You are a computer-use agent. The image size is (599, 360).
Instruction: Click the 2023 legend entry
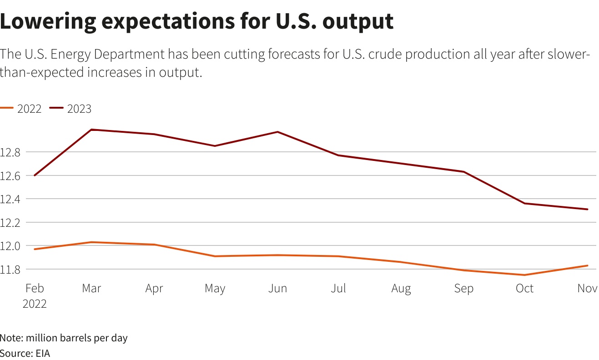(71, 109)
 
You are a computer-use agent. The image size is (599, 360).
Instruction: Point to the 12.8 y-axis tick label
(10, 152)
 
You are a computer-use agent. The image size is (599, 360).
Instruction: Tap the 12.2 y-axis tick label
(10, 223)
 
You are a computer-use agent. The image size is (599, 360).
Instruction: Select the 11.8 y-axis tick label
(10, 270)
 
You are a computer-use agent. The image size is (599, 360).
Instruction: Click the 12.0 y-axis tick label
(10, 246)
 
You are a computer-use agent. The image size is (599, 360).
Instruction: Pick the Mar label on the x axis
(92, 289)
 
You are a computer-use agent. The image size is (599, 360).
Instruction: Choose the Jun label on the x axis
(277, 289)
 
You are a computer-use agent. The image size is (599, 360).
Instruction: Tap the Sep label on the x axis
(463, 289)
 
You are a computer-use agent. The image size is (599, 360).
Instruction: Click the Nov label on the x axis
(587, 289)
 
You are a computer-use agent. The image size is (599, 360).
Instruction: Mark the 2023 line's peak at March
(92, 130)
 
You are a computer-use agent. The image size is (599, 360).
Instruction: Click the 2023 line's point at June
(277, 132)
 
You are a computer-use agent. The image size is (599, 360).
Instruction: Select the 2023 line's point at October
(525, 203)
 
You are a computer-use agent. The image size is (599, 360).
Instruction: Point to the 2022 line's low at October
(525, 275)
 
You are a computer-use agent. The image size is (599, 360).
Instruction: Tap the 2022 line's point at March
(92, 242)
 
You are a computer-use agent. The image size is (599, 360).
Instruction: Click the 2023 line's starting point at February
(34, 175)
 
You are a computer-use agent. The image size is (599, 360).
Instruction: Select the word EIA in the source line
(43, 353)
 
